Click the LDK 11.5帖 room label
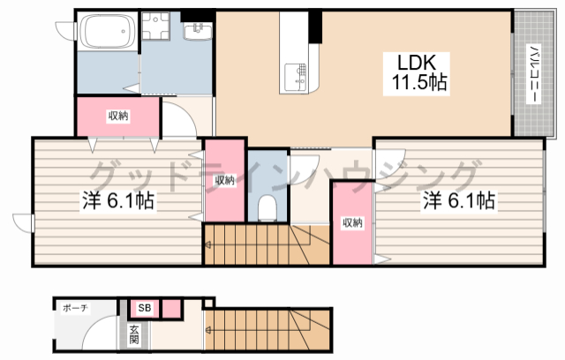416,73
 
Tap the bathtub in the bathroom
108,31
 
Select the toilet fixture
267,207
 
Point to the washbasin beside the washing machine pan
198,31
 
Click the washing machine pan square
155,26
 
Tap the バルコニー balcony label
533,74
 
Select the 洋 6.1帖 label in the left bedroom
118,200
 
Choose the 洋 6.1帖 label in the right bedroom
458,200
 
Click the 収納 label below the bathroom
118,116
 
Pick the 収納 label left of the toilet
225,180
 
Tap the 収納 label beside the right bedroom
352,223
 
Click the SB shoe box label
145,308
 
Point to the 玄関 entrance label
134,334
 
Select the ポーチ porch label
75,308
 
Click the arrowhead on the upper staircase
208,245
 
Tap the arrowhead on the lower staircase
208,329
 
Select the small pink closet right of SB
171,309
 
